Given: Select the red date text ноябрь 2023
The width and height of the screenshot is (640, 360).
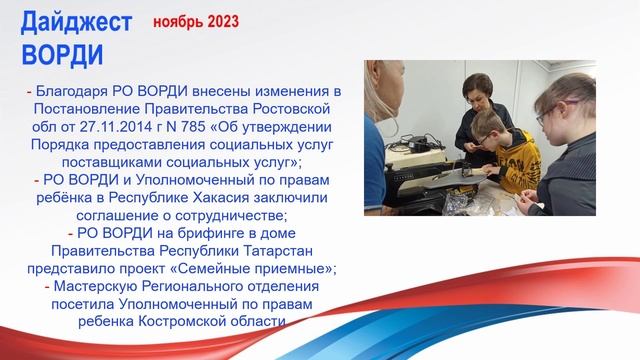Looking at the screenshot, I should pyautogui.click(x=196, y=21).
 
